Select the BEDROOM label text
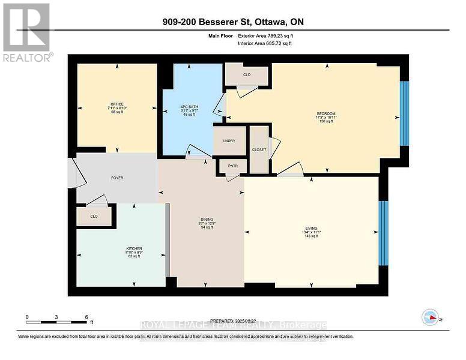(x=326, y=113)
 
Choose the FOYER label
(x=116, y=178)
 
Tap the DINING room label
(x=207, y=220)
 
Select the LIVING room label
(x=310, y=229)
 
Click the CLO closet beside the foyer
(x=94, y=217)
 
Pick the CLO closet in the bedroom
(x=247, y=75)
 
